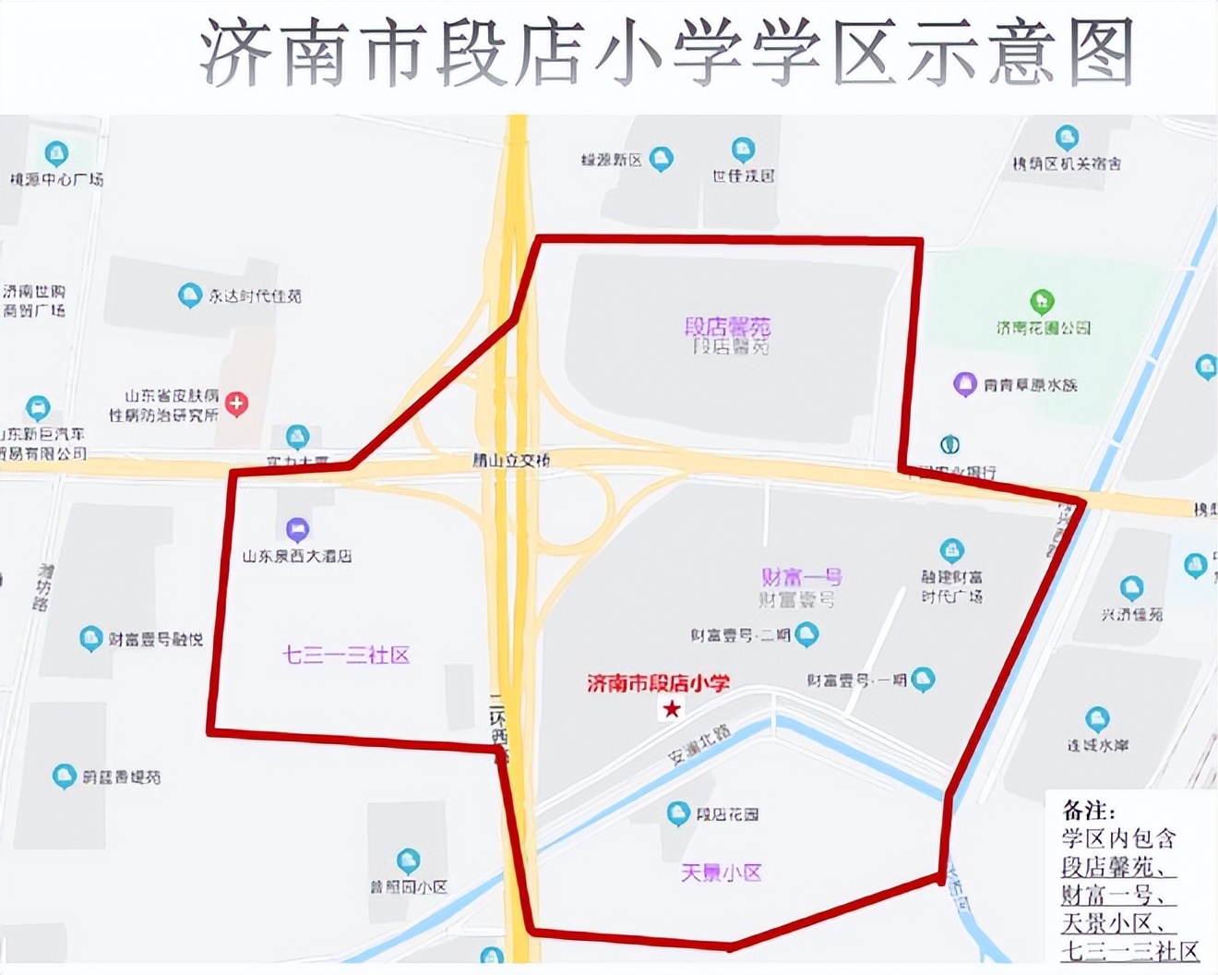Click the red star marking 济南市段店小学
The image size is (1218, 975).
pyautogui.click(x=672, y=709)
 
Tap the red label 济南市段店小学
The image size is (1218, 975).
pyautogui.click(x=658, y=683)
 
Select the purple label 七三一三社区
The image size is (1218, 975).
pyautogui.click(x=346, y=656)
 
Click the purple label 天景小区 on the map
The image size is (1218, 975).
pyautogui.click(x=721, y=873)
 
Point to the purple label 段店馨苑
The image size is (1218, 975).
pyautogui.click(x=727, y=327)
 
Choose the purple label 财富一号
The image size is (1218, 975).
pyautogui.click(x=801, y=578)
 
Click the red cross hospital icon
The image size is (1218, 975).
pyautogui.click(x=237, y=403)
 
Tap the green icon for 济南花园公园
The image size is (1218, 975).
pyautogui.click(x=1042, y=301)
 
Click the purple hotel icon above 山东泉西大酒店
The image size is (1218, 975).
pyautogui.click(x=296, y=530)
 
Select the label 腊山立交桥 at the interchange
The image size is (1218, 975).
pyautogui.click(x=511, y=460)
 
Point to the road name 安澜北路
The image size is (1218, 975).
pyautogui.click(x=699, y=744)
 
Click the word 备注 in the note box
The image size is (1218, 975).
pyautogui.click(x=1089, y=811)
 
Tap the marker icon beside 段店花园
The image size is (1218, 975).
pyautogui.click(x=678, y=813)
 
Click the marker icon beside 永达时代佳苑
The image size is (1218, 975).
pyautogui.click(x=190, y=295)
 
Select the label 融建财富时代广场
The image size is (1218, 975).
pyautogui.click(x=951, y=586)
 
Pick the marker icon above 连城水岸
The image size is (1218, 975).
pyautogui.click(x=1097, y=718)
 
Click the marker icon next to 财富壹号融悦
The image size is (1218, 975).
pyautogui.click(x=90, y=638)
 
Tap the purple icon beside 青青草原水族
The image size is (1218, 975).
pyautogui.click(x=964, y=384)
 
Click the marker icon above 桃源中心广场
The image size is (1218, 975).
pyautogui.click(x=56, y=153)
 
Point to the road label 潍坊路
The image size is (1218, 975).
pyautogui.click(x=42, y=587)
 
